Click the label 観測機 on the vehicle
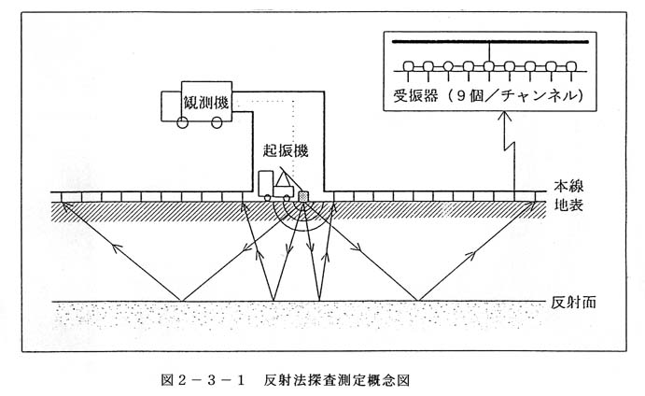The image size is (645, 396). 205,103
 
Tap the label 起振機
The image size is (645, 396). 286,151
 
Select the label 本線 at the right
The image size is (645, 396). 568,186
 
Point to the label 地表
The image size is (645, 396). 568,205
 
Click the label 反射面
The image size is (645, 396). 573,303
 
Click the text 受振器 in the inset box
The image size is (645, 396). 415,96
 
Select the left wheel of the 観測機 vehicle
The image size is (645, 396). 182,122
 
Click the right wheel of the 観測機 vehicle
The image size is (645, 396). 217,122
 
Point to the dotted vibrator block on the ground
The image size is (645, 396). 303,196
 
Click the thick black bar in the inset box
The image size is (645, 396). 490,42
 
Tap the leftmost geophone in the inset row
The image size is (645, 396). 408,66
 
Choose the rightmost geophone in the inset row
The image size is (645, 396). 571,66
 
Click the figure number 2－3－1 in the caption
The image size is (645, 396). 209,380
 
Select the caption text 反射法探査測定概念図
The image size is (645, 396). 337,380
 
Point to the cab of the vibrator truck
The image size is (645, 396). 266,184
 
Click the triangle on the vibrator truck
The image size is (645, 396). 284,179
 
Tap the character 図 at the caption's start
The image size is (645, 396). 167,380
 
